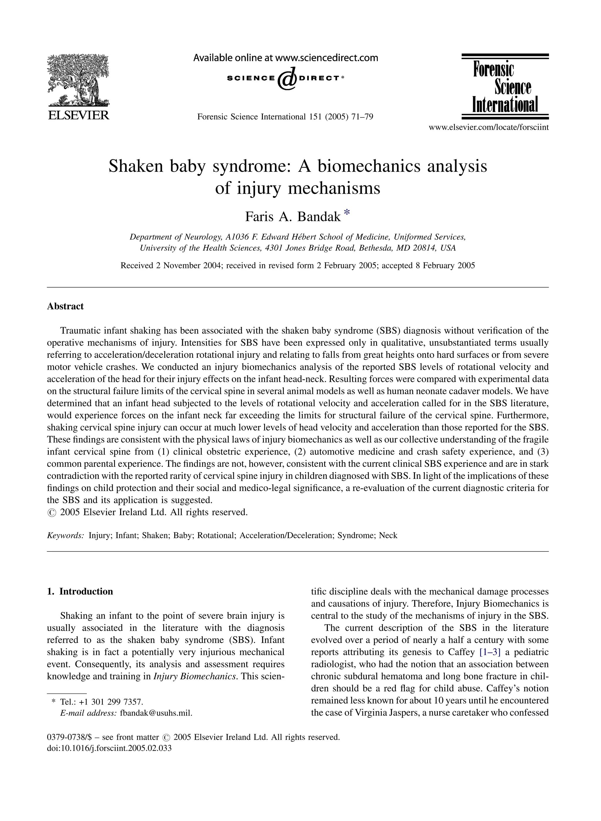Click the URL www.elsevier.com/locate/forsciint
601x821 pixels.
pyautogui.click(x=489, y=127)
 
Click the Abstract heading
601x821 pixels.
pyautogui.click(x=65, y=306)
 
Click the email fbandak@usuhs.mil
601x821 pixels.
pyautogui.click(x=156, y=713)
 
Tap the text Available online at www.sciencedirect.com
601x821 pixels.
pyautogui.click(x=286, y=58)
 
